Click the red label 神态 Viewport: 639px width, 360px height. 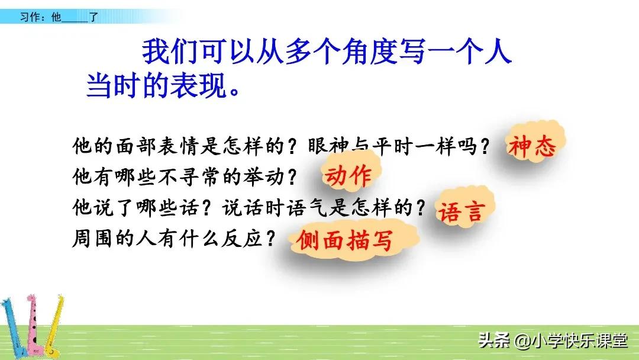coord(531,146)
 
